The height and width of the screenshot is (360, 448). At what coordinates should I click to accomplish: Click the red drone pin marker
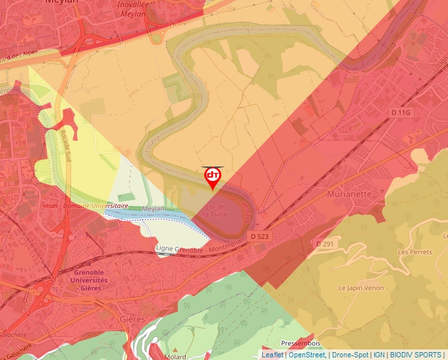[212, 176]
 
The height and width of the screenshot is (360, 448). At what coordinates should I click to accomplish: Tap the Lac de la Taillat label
[215, 210]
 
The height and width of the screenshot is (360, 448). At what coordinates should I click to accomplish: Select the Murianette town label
[349, 194]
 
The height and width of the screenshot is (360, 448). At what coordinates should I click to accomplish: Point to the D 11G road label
[401, 113]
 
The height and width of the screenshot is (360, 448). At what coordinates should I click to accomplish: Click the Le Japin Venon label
[360, 288]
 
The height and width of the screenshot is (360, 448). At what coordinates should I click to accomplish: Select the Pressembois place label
[300, 344]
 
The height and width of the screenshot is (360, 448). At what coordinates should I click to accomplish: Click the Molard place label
[175, 356]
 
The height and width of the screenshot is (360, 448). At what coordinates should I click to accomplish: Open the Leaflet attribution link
[273, 355]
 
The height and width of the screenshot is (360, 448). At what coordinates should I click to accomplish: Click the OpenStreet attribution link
[306, 355]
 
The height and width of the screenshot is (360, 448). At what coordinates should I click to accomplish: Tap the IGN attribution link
[379, 355]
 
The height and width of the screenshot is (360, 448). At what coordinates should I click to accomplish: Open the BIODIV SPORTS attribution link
[416, 355]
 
